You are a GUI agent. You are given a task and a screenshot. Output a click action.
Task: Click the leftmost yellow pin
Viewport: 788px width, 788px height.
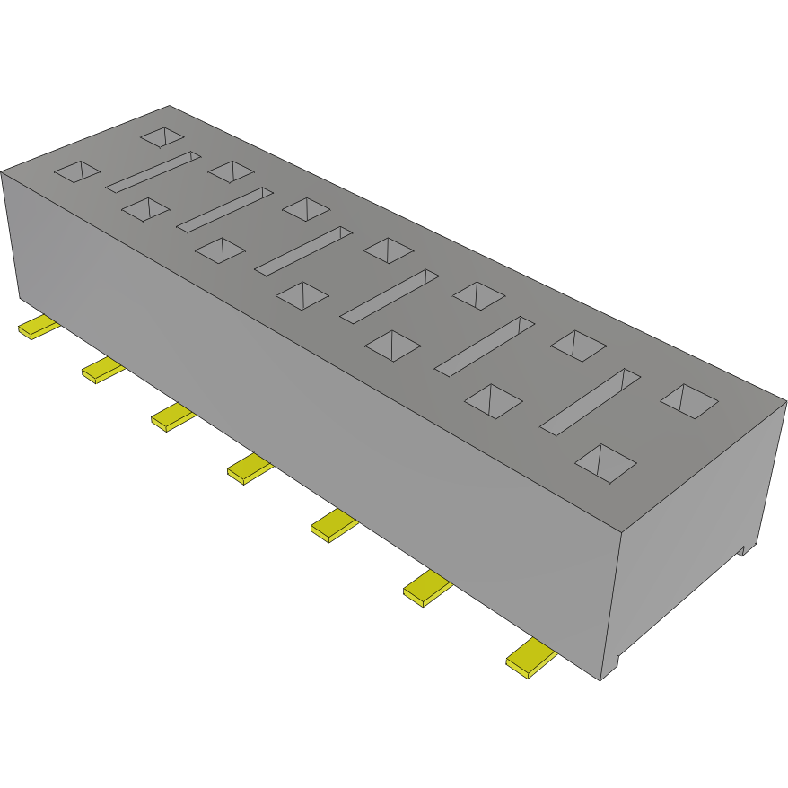tap(38, 328)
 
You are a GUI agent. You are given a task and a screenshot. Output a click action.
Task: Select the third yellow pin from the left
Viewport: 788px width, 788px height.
tap(172, 417)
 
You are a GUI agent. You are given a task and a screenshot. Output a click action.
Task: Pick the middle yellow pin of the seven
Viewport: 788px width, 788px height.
tap(250, 468)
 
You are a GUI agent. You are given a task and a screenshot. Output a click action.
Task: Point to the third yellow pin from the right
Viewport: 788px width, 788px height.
tap(334, 524)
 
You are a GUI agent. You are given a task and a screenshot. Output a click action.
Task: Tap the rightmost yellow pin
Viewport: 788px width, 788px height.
tap(531, 659)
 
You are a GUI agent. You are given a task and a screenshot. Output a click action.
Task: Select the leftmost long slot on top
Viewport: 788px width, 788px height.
tap(153, 171)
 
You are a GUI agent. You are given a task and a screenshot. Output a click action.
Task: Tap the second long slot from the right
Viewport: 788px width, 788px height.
tap(485, 346)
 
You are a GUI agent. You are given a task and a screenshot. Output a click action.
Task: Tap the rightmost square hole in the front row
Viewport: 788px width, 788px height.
tap(605, 463)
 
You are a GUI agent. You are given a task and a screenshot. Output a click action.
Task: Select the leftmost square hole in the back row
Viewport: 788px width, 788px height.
tap(163, 136)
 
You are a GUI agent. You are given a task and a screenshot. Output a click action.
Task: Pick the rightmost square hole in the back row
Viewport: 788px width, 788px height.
tap(689, 400)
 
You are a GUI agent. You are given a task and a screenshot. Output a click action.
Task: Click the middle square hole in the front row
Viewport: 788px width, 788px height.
tap(302, 295)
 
